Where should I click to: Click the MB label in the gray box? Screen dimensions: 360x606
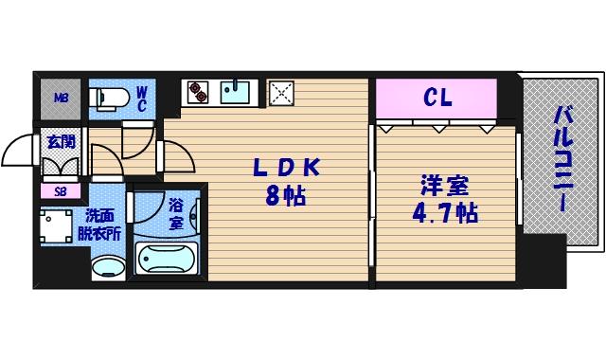pos(60,98)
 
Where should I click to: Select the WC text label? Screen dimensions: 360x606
pos(140,97)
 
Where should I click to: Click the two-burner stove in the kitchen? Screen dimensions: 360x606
pos(198,92)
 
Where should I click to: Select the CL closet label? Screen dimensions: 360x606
pos(437,96)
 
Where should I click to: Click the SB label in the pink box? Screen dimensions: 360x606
pos(60,190)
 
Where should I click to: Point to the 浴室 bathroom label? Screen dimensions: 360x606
pos(176,214)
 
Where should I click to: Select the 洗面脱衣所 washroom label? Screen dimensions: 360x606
pos(102,224)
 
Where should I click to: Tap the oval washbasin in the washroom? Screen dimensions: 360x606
pos(107,266)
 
